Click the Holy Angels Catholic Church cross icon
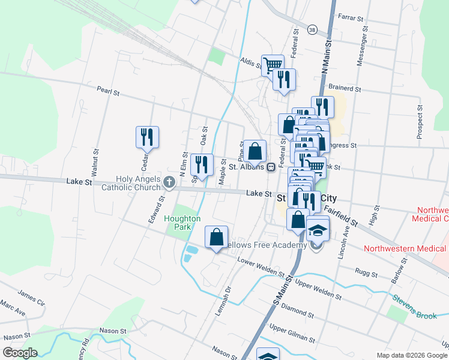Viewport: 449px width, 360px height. (169, 182)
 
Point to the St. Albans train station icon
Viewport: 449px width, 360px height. (271, 167)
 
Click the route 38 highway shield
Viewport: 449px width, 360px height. (312, 29)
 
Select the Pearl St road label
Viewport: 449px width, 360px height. (109, 92)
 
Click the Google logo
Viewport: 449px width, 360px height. (20, 353)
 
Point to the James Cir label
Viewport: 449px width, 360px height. (31, 298)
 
